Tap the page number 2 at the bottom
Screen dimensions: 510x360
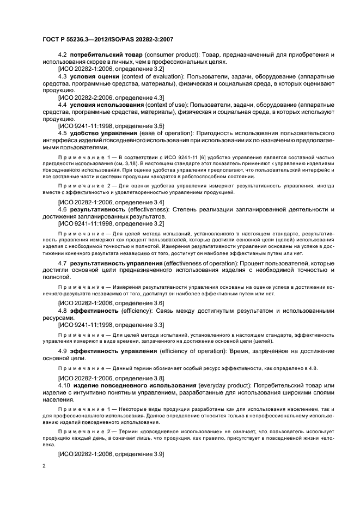click(45, 466)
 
